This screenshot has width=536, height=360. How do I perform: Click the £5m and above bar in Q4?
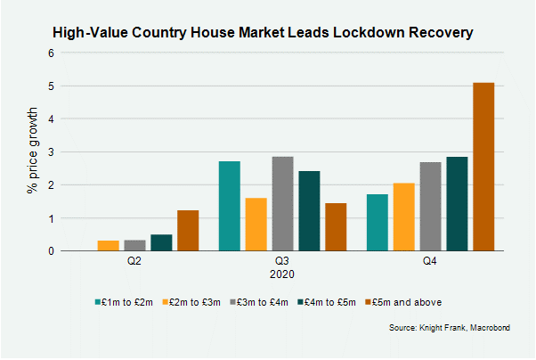483,167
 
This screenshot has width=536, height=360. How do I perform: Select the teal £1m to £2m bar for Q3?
229,206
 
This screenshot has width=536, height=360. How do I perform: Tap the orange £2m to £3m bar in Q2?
108,246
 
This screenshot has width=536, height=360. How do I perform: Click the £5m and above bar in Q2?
188,231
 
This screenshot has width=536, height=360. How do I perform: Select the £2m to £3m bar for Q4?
403,217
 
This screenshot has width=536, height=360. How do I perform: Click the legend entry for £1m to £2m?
124,302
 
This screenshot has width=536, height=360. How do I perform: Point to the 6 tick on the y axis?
52,53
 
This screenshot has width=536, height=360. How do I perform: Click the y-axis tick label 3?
52,152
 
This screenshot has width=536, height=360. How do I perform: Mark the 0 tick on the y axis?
52,251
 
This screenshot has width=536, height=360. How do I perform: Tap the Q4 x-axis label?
430,262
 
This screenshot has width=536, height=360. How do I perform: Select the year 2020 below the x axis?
282,274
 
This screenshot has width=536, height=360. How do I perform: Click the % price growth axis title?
32,152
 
